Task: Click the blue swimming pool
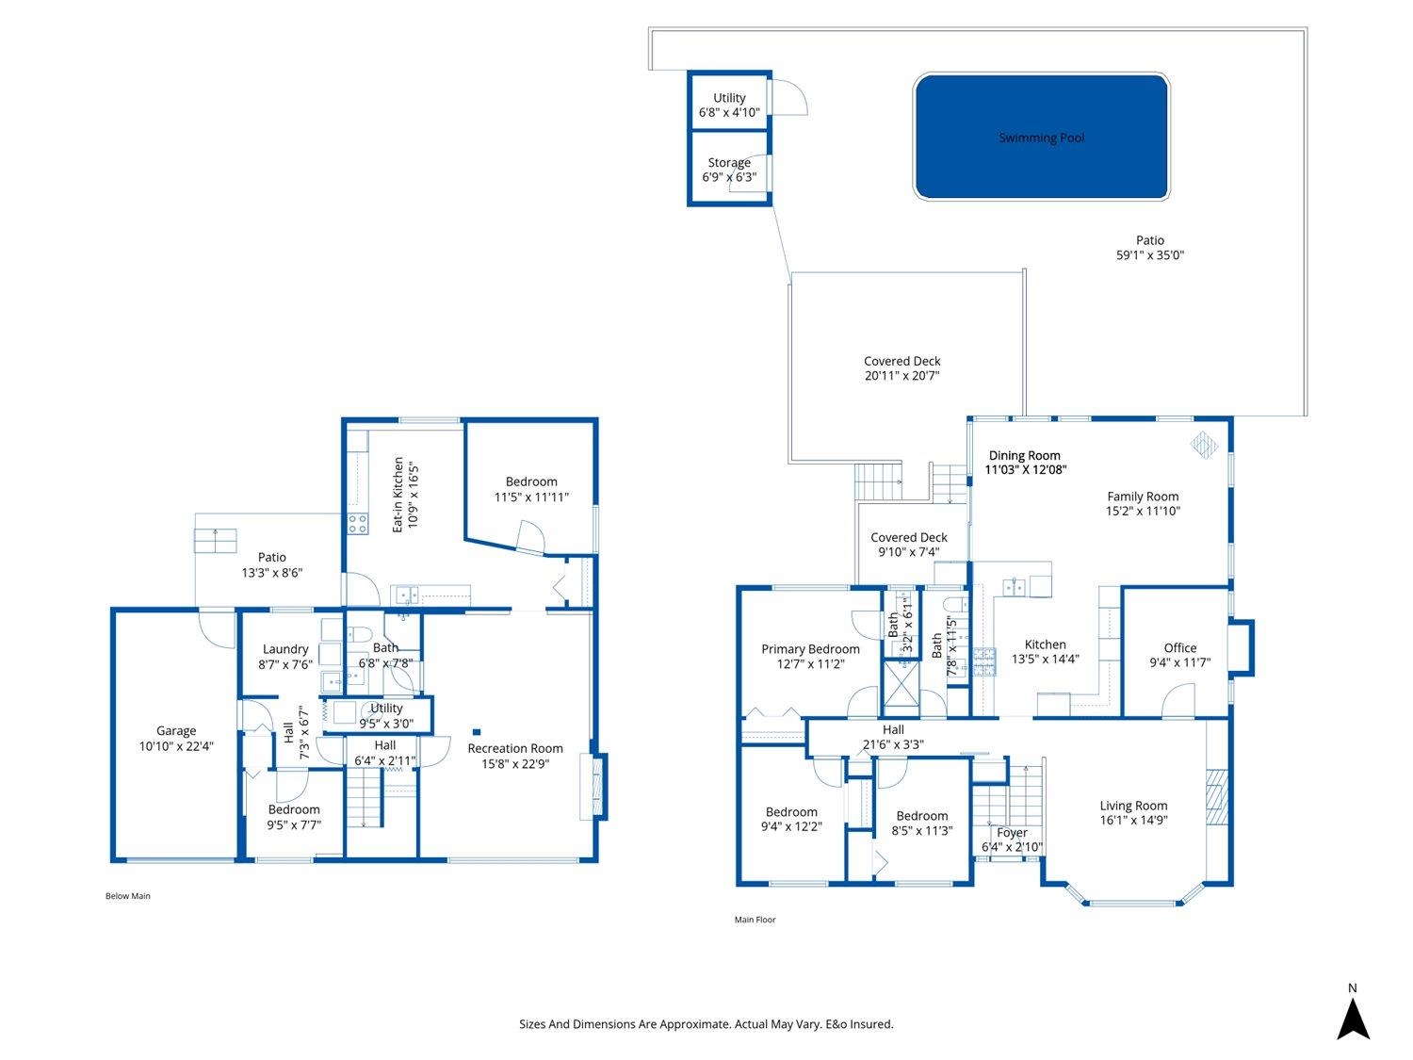[x=1041, y=137]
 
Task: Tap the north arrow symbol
[x=1353, y=1019]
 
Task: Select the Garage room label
[x=176, y=730]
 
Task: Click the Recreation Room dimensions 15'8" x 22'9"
[x=515, y=764]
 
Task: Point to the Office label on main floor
[x=1180, y=648]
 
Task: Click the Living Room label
[x=1133, y=806]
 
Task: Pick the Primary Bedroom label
[x=810, y=649]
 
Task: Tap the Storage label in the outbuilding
[x=729, y=162]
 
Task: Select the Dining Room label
[x=1024, y=455]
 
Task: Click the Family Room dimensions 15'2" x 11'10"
[x=1143, y=511]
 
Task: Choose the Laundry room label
[x=285, y=649]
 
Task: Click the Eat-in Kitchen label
[x=398, y=495]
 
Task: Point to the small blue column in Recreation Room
[x=477, y=732]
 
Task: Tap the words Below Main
[x=127, y=896]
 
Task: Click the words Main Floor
[x=755, y=920]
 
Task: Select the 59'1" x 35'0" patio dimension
[x=1150, y=254]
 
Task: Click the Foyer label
[x=1012, y=833]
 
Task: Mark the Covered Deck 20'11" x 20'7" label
[x=901, y=368]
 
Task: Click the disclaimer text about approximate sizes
[x=706, y=1024]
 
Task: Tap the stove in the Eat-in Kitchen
[x=358, y=524]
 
